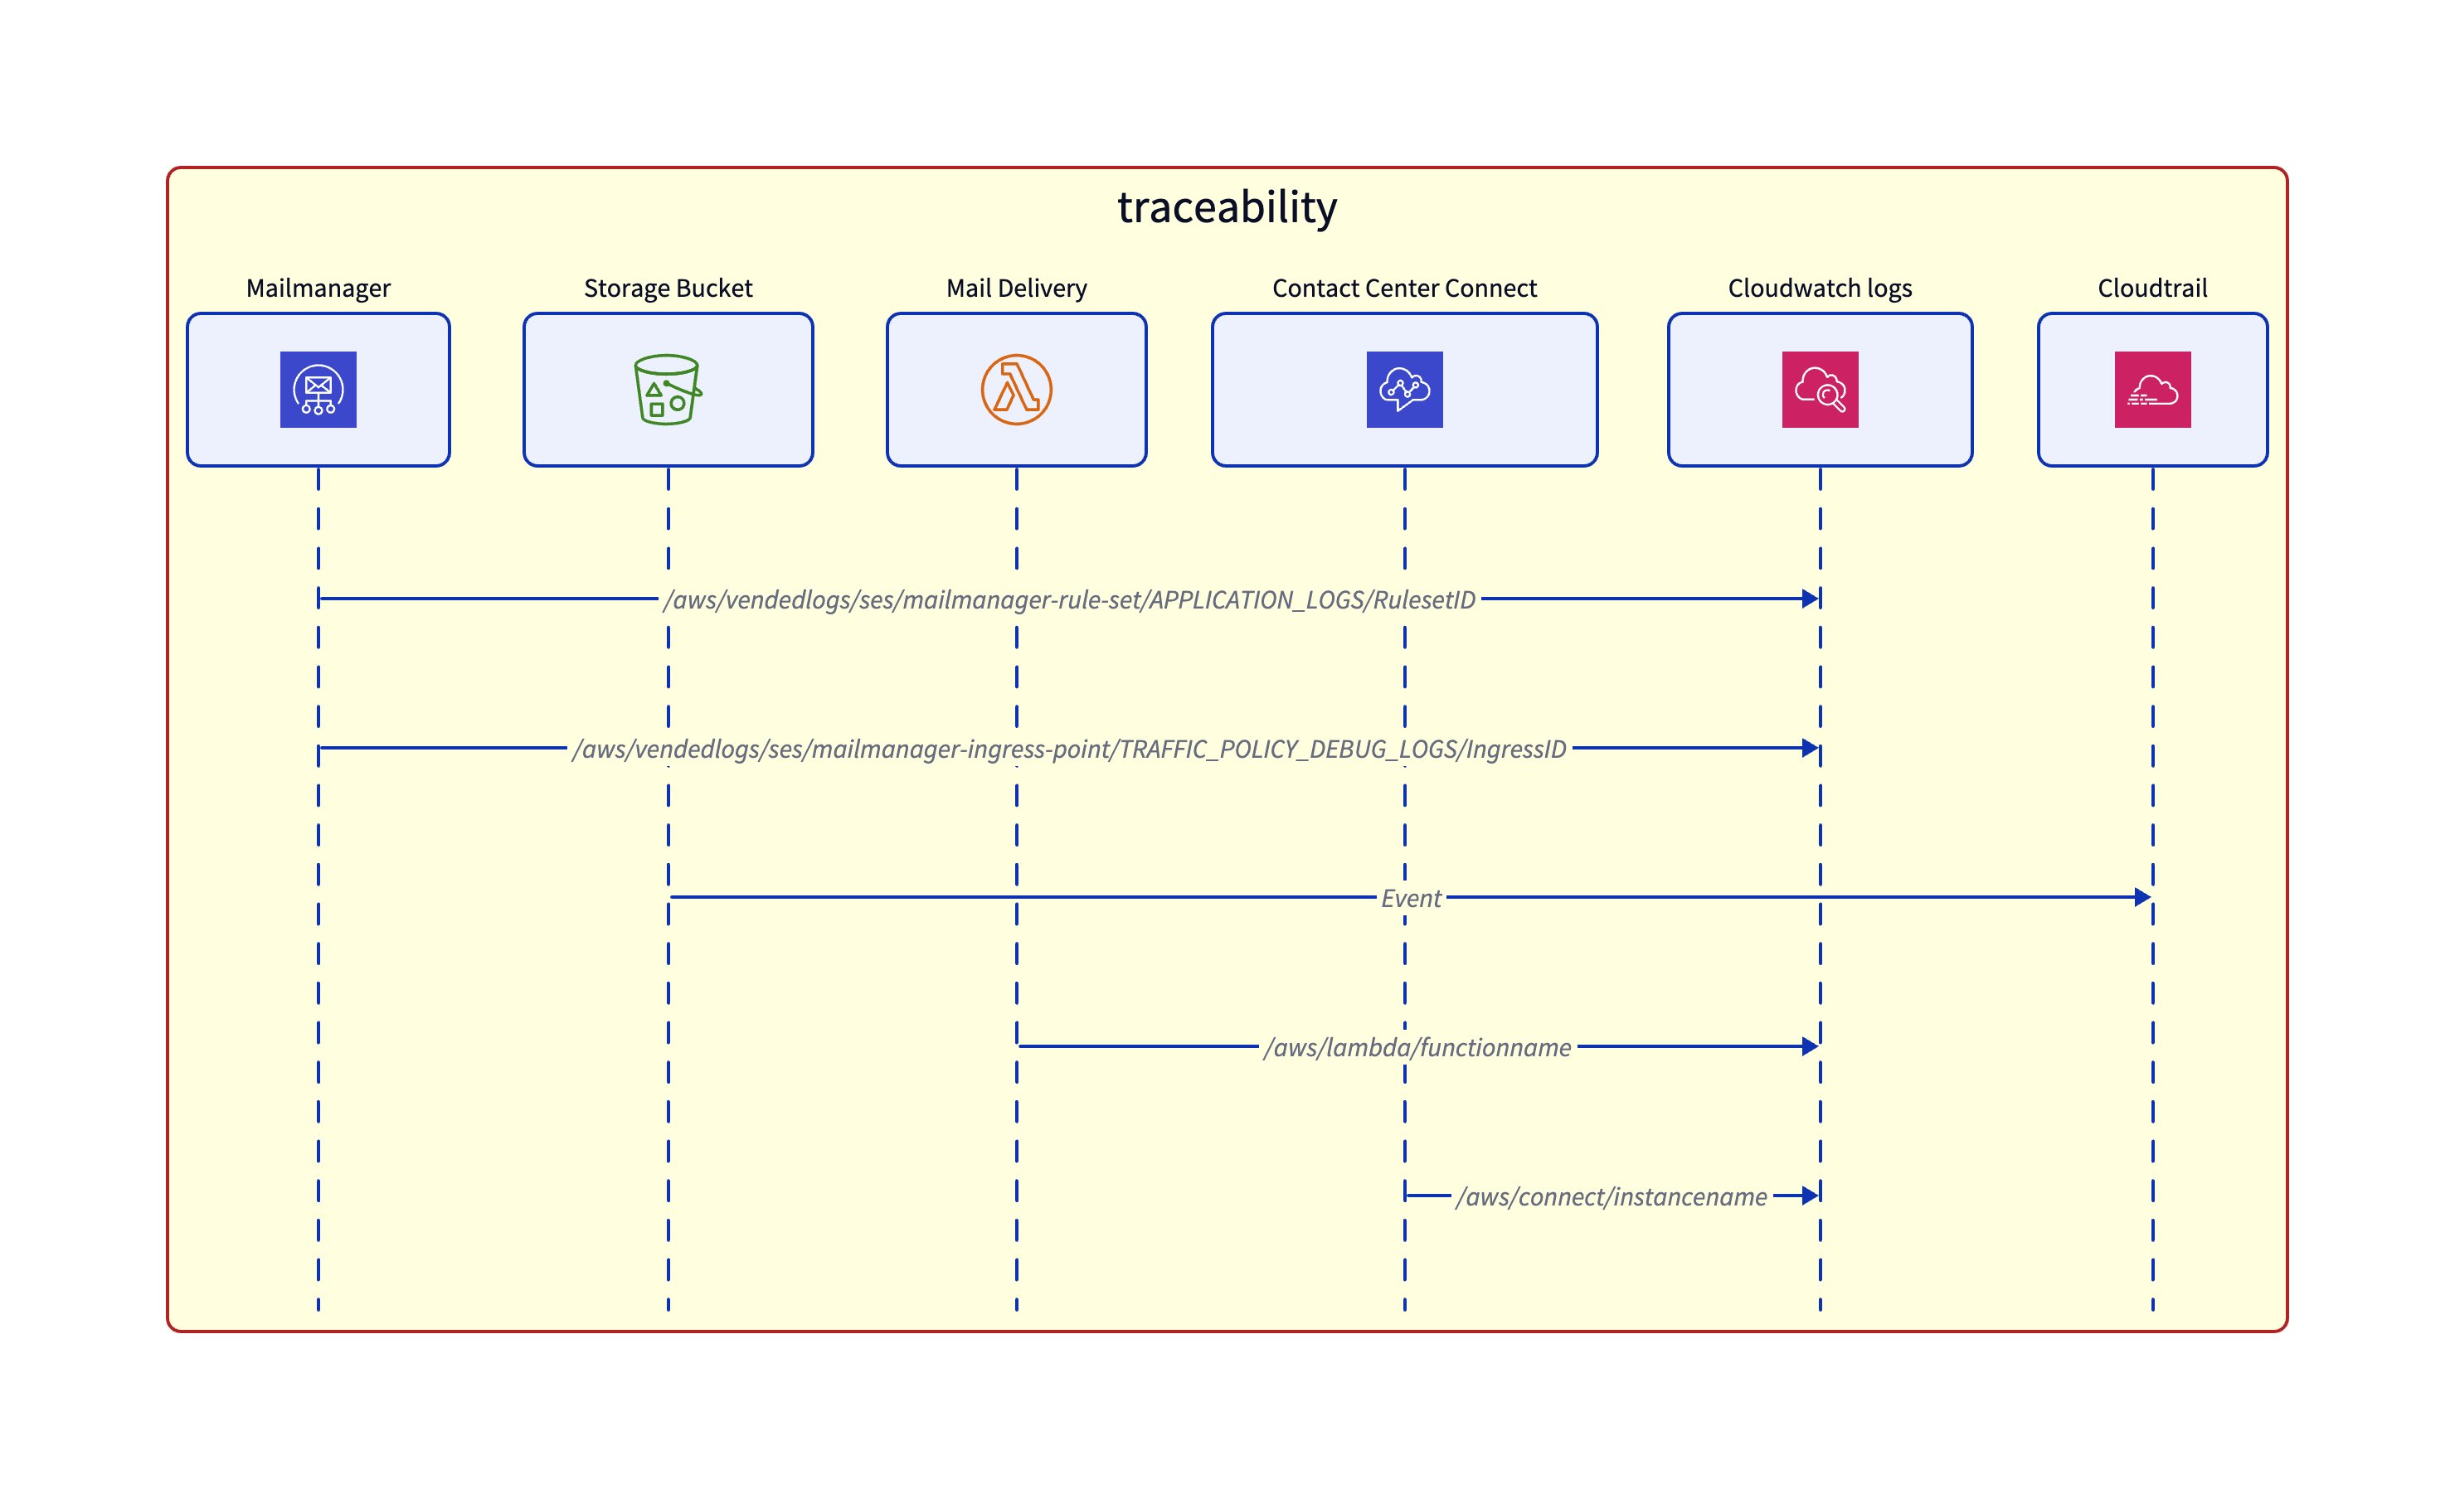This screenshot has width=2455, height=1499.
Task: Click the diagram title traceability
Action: (1227, 207)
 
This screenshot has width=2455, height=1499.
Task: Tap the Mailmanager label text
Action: (318, 288)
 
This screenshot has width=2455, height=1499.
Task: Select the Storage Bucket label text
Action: (668, 288)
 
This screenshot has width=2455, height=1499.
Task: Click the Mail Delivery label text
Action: (1016, 288)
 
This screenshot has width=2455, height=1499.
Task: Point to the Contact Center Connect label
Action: (1404, 288)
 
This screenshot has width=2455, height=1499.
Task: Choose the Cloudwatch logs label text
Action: (1820, 288)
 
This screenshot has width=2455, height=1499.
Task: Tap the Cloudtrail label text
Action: (2152, 288)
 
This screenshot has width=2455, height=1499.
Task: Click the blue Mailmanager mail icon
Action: (318, 390)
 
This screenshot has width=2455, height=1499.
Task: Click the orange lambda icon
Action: (1016, 390)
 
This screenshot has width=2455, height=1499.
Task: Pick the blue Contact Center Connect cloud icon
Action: (1404, 390)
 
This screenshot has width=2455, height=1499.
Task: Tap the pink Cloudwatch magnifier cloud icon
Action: (1820, 390)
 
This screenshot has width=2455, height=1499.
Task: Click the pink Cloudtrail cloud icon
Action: (2152, 390)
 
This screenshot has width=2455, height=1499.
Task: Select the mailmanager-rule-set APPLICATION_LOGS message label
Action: (1069, 599)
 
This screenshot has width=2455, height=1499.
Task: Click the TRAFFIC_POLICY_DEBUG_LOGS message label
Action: (1069, 749)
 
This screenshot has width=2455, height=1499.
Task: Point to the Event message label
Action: (1411, 899)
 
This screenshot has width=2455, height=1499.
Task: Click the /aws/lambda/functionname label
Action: (1417, 1048)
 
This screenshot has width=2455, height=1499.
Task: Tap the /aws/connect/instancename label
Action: (1611, 1197)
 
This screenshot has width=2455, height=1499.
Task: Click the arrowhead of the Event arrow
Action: (2142, 897)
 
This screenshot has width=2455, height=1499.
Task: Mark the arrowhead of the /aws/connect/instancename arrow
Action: (1810, 1196)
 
